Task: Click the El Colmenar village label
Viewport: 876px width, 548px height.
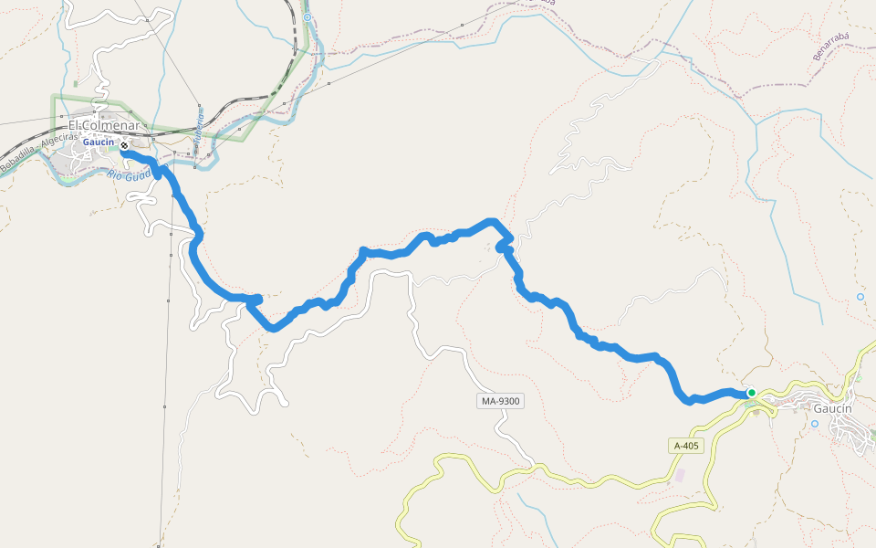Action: pyautogui.click(x=103, y=125)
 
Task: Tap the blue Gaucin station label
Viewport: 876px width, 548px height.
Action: pyautogui.click(x=98, y=142)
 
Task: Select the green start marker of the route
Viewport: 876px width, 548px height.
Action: pyautogui.click(x=751, y=393)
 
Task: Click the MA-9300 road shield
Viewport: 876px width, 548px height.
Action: pyautogui.click(x=501, y=401)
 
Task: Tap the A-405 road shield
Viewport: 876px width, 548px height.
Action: pyautogui.click(x=686, y=446)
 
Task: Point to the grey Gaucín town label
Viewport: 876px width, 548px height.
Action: pyautogui.click(x=832, y=408)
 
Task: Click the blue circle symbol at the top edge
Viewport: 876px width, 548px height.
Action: pyautogui.click(x=308, y=17)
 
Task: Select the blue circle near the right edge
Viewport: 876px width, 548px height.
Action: pyautogui.click(x=860, y=297)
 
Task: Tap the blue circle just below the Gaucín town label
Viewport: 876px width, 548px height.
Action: pyautogui.click(x=815, y=424)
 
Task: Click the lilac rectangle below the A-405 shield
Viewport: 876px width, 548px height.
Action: pyautogui.click(x=678, y=476)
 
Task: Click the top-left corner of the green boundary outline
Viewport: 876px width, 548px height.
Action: pyautogui.click(x=52, y=95)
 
